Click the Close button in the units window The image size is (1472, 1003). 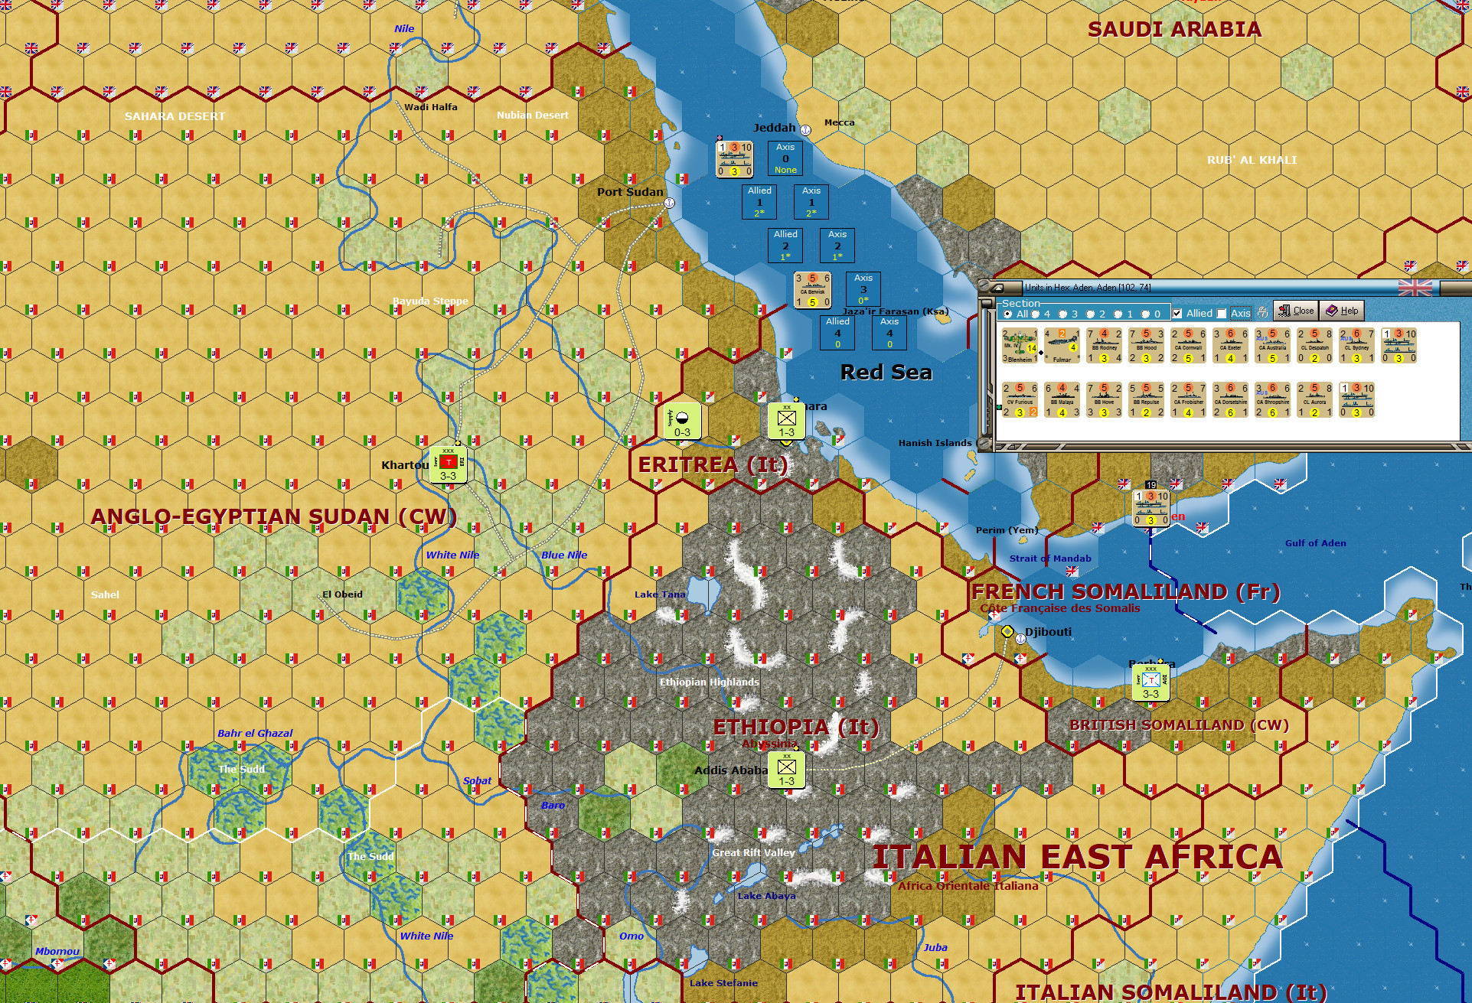pos(1295,311)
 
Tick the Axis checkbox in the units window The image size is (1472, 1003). pos(1222,314)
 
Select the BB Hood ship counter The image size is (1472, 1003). pos(1146,346)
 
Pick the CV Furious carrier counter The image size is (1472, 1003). pos(1020,400)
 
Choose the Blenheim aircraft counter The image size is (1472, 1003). pos(1020,346)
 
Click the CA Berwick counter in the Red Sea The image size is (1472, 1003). pos(812,290)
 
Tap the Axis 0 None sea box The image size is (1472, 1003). pos(785,158)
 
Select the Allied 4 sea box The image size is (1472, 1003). pos(837,333)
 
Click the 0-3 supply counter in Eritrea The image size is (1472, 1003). pos(681,422)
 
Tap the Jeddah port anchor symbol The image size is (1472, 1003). pos(805,130)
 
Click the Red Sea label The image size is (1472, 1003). pos(886,373)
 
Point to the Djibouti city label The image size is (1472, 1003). pos(1048,632)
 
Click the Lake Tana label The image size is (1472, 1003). pos(660,594)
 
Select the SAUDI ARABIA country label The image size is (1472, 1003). pos(1174,30)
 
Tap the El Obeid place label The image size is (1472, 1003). pos(342,594)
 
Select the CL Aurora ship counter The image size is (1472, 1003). pos(1314,400)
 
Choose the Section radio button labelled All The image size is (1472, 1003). pos(1008,314)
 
